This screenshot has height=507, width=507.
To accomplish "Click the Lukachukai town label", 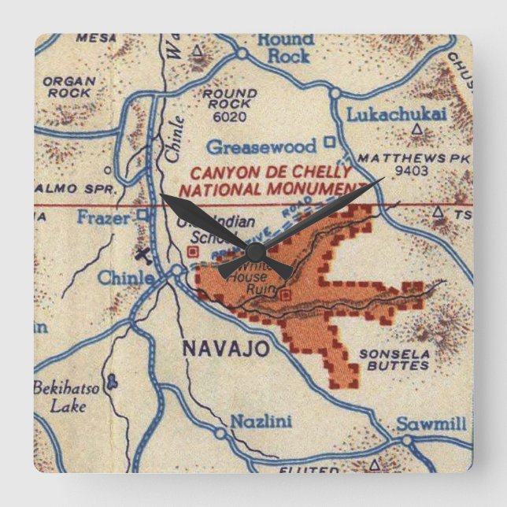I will pyautogui.click(x=396, y=115).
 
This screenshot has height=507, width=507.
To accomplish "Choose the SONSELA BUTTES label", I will pyautogui.click(x=394, y=360).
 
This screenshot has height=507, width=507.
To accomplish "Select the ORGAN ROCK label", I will pyautogui.click(x=68, y=86).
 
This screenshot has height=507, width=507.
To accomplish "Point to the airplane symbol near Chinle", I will pyautogui.click(x=142, y=254).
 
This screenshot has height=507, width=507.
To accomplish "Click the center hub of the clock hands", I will pyautogui.click(x=254, y=252).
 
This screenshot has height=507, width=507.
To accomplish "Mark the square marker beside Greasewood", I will pyautogui.click(x=331, y=143).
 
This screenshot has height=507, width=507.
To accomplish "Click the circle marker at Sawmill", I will pyautogui.click(x=406, y=441).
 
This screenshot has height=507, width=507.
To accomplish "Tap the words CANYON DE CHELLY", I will pyautogui.click(x=265, y=172).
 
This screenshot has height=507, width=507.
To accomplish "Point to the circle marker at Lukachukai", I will pyautogui.click(x=335, y=94).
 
